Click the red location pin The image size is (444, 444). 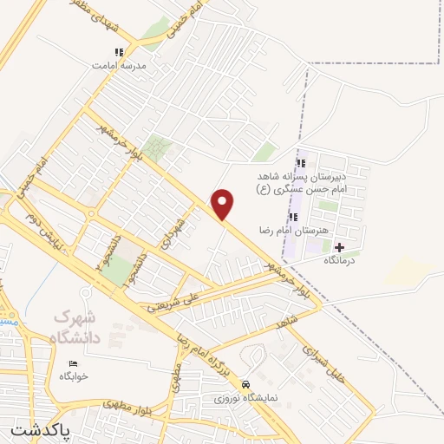[223, 204]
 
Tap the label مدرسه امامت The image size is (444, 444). [120, 65]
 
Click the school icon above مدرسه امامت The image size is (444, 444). [119, 52]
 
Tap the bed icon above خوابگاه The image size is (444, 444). [73, 363]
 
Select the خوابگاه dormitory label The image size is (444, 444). [75, 376]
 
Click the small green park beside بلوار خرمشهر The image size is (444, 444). [158, 148]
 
